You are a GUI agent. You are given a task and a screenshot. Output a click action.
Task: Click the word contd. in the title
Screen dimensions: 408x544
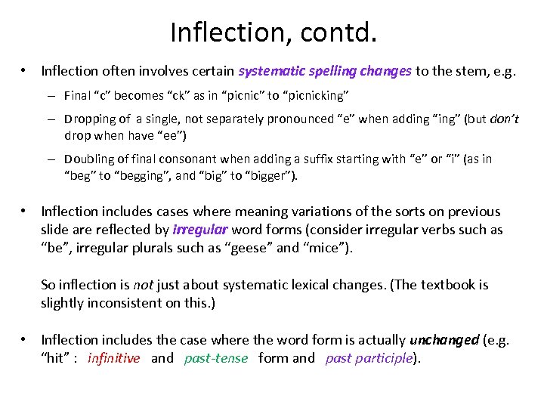[x=332, y=32]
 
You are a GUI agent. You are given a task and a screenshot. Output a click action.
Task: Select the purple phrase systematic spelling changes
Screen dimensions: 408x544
[x=325, y=71]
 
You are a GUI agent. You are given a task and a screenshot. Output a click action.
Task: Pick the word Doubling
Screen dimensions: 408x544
[x=90, y=159]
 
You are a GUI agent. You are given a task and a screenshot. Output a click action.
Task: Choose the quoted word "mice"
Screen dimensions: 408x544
[x=326, y=248]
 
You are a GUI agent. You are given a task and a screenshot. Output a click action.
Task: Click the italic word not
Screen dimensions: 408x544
[x=143, y=285]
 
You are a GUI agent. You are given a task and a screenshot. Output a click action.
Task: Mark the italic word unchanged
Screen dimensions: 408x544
[x=444, y=340]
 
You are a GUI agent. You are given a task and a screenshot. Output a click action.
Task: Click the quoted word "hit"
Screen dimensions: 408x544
[x=54, y=358]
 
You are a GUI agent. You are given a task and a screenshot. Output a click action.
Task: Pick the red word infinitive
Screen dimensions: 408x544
[x=114, y=358]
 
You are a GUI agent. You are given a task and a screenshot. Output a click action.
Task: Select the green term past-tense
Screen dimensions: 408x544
[x=216, y=358]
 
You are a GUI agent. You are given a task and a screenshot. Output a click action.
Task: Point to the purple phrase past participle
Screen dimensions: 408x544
[x=369, y=358]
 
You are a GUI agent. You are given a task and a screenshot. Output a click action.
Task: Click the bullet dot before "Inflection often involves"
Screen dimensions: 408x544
[x=25, y=71]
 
